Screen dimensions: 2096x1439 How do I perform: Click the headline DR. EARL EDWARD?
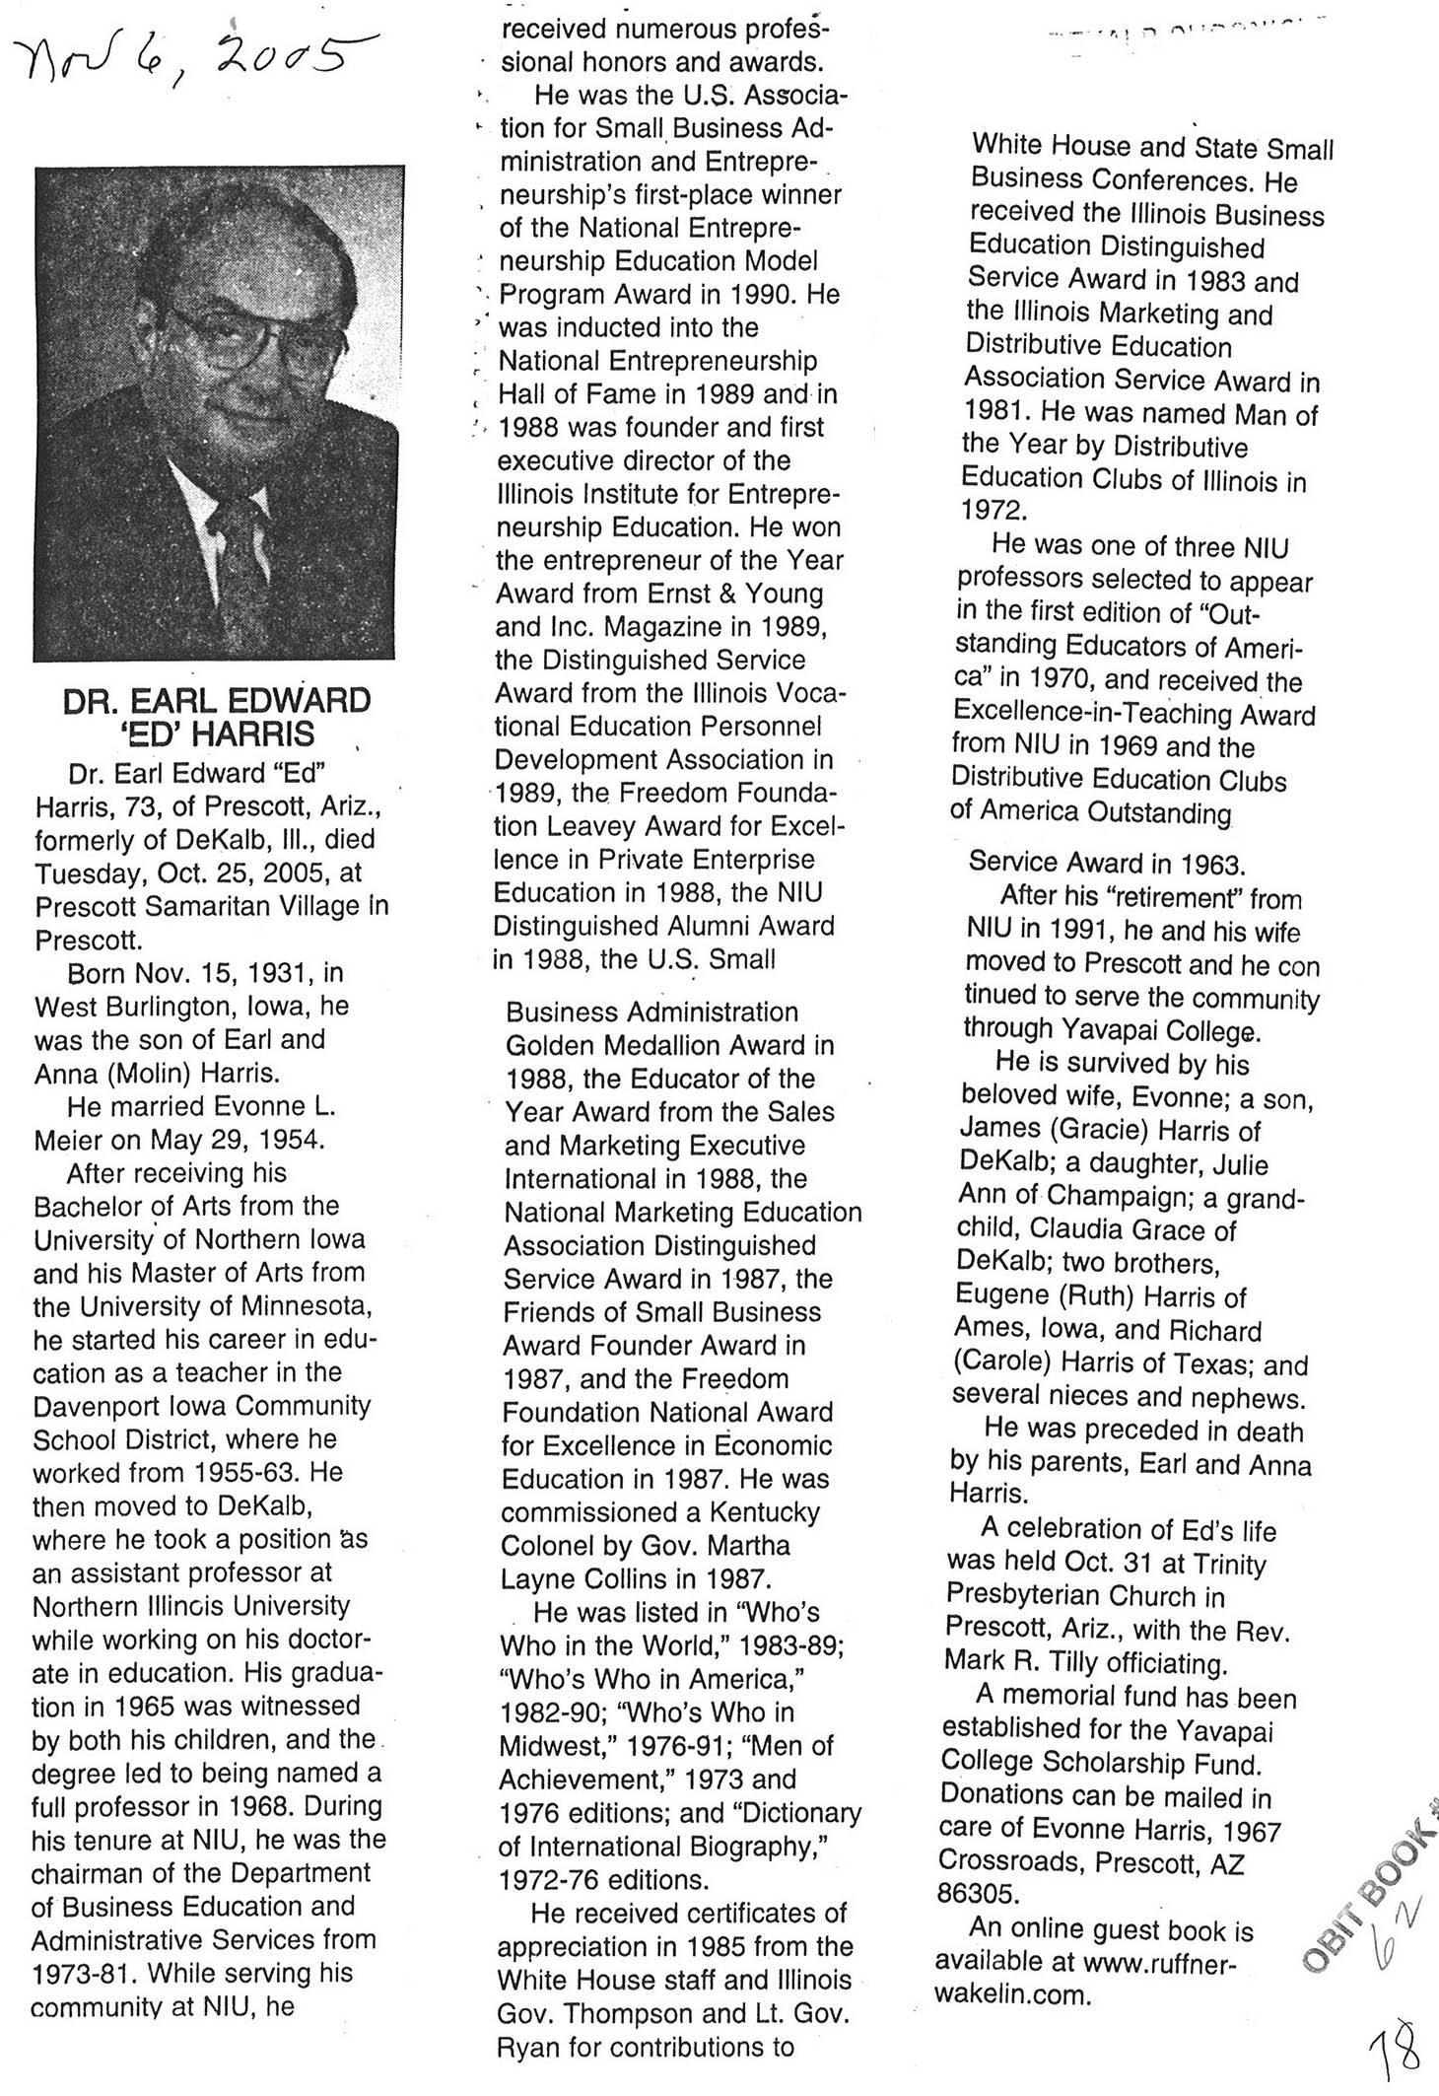(x=217, y=701)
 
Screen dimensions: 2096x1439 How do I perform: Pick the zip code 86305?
(x=977, y=1893)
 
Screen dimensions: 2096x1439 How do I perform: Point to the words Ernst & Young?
(x=735, y=594)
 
